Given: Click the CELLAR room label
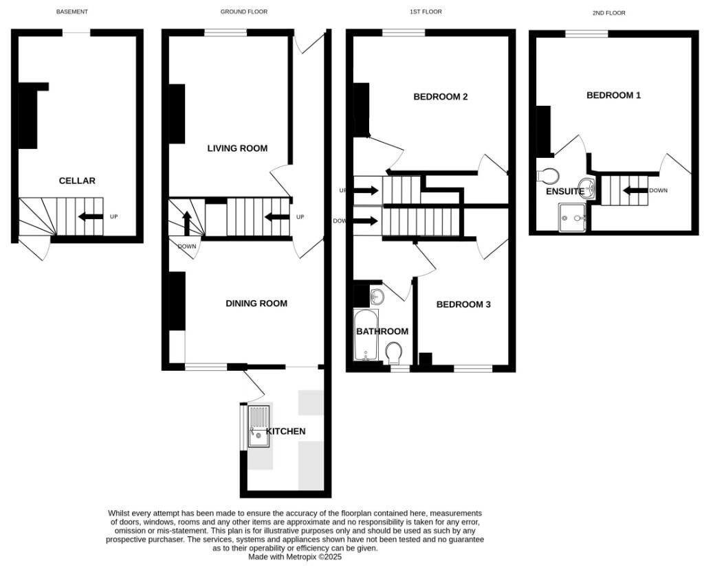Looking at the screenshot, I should click(77, 181).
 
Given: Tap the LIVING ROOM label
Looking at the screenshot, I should click(237, 148).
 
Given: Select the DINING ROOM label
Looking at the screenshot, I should click(256, 304).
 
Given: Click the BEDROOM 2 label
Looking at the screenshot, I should click(440, 97).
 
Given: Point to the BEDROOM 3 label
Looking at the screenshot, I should click(463, 304).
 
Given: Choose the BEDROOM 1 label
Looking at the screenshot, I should click(613, 95).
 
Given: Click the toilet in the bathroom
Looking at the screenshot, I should click(394, 354).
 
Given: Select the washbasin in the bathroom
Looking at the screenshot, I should click(376, 297).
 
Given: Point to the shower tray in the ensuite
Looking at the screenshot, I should click(573, 218).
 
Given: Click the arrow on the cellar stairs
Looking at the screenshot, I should click(90, 217).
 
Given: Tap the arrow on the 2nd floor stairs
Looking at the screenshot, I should click(635, 190).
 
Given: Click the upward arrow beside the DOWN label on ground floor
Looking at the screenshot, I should click(186, 223).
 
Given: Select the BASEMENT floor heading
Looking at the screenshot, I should click(72, 12).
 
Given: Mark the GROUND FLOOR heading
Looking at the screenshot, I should click(243, 12).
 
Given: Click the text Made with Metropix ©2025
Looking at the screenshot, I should click(295, 557).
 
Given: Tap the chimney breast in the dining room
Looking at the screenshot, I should click(177, 301).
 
